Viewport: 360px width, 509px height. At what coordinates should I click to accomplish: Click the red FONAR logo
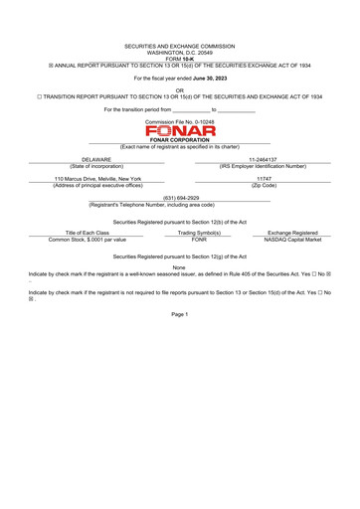pos(180,130)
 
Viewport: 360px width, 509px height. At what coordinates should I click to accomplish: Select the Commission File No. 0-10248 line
pos(180,119)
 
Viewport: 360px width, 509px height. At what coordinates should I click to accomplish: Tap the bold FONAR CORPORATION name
pos(180,140)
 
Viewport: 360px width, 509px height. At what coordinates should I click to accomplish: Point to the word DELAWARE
pos(96,158)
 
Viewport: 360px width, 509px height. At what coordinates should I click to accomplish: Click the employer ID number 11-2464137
pos(263,158)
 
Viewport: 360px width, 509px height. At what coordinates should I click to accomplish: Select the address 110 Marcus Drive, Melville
pos(97,178)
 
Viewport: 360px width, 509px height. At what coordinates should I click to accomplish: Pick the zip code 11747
pos(264,178)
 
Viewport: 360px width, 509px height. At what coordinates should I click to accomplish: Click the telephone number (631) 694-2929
pos(180,198)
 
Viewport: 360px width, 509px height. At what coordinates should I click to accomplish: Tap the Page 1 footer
pos(180,314)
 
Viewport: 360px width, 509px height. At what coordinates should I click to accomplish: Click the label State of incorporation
pos(96,165)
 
